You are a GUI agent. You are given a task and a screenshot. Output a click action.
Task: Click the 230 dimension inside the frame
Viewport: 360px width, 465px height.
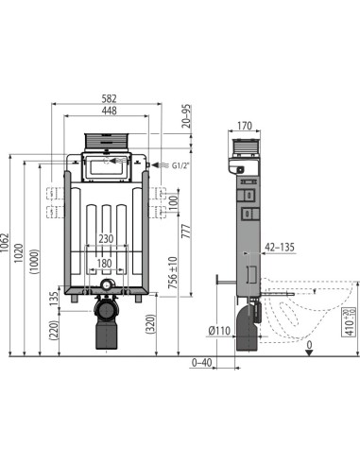(x=107, y=238)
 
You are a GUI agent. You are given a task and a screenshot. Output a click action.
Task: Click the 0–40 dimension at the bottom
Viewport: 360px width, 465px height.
(x=200, y=362)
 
